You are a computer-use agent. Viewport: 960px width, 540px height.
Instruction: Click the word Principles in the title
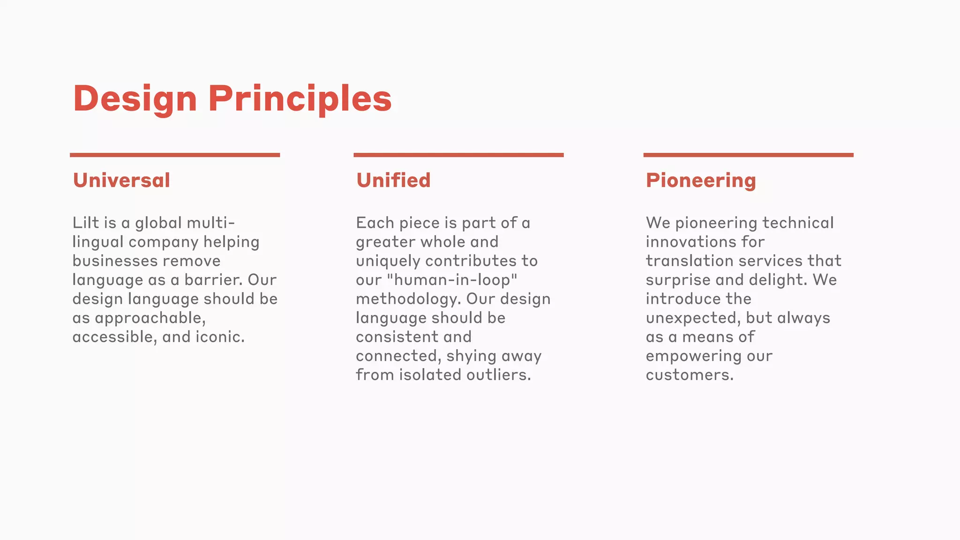point(300,99)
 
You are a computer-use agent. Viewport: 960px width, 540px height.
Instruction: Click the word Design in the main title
point(135,99)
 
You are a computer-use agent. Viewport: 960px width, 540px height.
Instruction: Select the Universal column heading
point(121,180)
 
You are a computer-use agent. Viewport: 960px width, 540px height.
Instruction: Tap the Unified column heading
point(393,180)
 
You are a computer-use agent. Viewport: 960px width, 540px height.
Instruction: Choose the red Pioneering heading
point(701,180)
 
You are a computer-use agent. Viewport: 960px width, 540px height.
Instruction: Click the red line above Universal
point(175,155)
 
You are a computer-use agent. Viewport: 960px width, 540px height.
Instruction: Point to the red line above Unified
point(458,155)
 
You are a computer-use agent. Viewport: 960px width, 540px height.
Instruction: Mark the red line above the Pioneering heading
point(748,155)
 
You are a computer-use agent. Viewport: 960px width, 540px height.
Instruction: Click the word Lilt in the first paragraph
point(86,223)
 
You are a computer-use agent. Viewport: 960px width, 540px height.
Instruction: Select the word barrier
point(213,280)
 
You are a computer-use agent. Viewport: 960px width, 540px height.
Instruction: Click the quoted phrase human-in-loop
point(452,280)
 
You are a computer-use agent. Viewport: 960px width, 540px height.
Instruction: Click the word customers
point(689,375)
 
